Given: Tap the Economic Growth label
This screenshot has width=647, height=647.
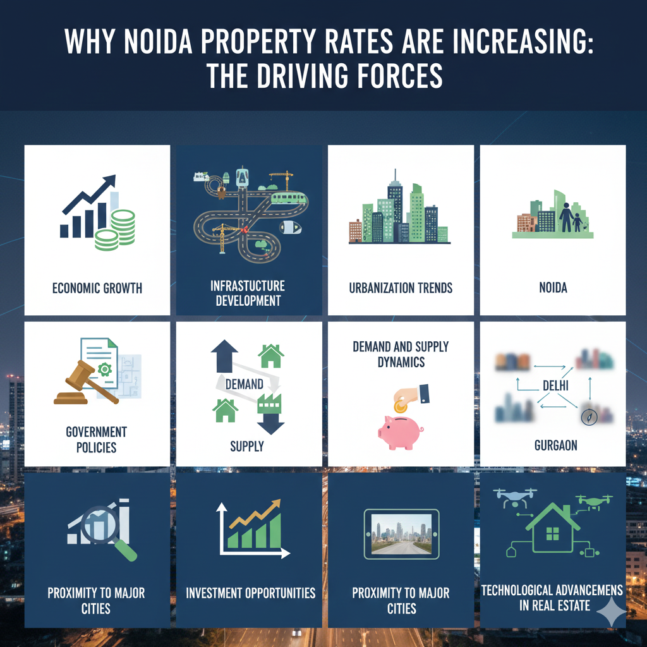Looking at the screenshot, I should tap(97, 289).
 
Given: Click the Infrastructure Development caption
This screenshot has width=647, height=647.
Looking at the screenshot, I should tap(248, 294).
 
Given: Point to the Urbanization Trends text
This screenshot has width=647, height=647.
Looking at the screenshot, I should tap(401, 289).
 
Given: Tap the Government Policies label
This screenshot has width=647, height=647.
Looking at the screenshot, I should tap(96, 440).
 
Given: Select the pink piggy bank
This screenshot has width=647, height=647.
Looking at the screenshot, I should tap(401, 432).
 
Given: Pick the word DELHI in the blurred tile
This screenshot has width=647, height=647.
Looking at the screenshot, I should tap(552, 385).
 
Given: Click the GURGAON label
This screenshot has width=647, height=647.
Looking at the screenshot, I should tap(552, 446).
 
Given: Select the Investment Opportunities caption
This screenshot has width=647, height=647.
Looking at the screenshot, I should tap(250, 593).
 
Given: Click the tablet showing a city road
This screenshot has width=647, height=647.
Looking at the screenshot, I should tap(401, 535).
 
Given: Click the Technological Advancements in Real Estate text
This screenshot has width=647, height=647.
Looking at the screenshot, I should tap(552, 598).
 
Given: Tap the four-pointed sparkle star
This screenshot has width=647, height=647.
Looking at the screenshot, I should tap(611, 611).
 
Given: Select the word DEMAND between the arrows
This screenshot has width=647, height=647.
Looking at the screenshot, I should tap(245, 384).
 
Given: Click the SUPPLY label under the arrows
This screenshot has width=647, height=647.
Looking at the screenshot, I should tap(246, 446).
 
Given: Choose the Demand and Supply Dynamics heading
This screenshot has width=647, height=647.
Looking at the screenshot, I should tap(401, 354).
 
